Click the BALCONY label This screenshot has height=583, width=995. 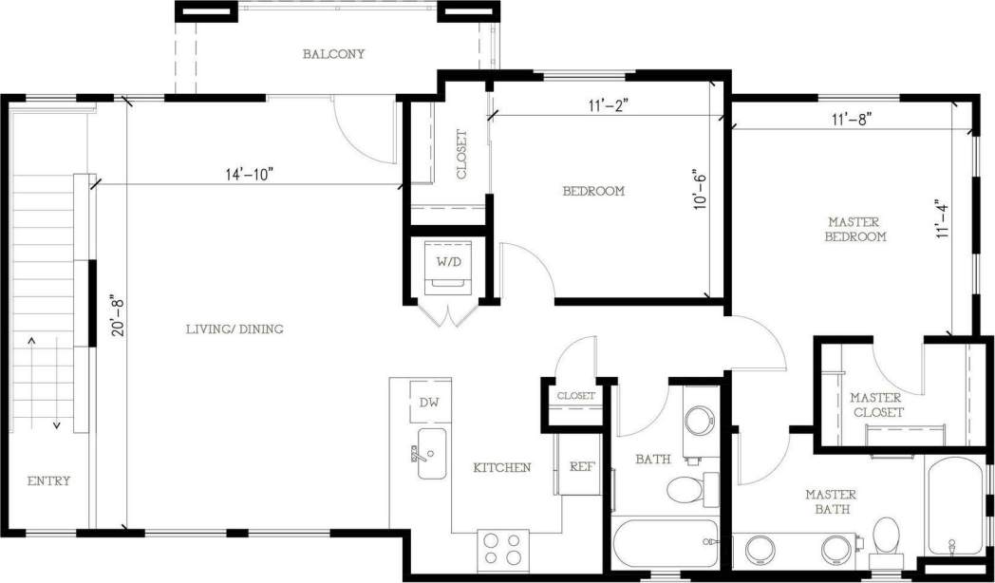point(333,54)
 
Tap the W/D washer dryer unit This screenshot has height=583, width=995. point(448,266)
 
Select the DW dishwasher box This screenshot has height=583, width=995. point(429,402)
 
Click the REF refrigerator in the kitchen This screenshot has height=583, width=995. point(581,466)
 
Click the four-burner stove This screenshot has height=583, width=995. point(502,548)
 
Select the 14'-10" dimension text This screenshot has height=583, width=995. point(250,174)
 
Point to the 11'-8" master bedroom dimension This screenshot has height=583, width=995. point(852,119)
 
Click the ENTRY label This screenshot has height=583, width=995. point(48,480)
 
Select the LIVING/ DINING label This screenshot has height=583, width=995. point(235,329)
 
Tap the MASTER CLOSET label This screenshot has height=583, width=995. point(875,404)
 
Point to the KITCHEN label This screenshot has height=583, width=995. point(502,467)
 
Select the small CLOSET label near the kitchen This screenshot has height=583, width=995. point(575,395)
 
